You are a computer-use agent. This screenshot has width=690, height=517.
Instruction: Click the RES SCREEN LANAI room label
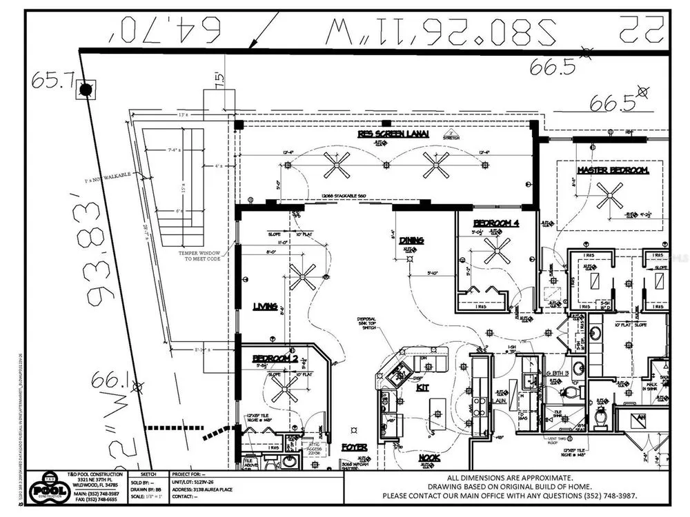pyautogui.click(x=393, y=134)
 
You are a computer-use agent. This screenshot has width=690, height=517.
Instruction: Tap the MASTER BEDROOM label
pyautogui.click(x=613, y=170)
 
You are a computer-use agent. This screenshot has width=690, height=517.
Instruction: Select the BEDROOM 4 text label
pyautogui.click(x=495, y=223)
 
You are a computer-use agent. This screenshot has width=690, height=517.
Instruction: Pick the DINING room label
pyautogui.click(x=411, y=241)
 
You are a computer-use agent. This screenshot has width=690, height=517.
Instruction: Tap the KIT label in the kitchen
pyautogui.click(x=422, y=388)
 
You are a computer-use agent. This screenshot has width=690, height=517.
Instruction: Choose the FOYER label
pyautogui.click(x=353, y=447)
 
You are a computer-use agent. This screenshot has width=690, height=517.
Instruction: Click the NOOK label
pyautogui.click(x=429, y=457)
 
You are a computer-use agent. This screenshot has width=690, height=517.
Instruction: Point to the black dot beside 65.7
pyautogui.click(x=86, y=90)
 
